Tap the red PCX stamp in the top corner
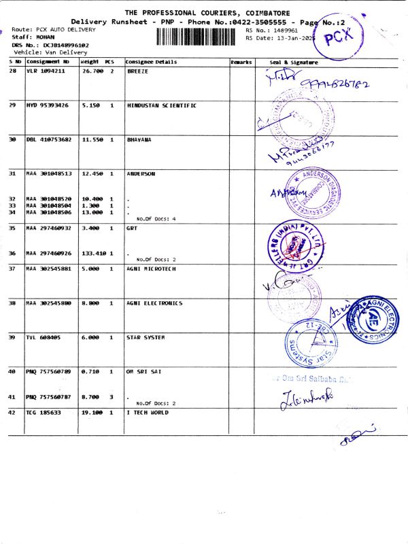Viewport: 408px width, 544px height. pyautogui.click(x=338, y=39)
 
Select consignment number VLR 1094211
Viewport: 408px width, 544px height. pyautogui.click(x=47, y=71)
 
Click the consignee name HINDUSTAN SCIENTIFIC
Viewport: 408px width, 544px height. pyautogui.click(x=161, y=105)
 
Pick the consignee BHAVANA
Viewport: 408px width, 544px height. pyautogui.click(x=139, y=139)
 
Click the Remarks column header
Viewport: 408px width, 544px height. pyautogui.click(x=241, y=62)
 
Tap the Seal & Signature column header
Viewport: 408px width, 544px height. pyautogui.click(x=294, y=62)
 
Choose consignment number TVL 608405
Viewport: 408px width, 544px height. pyautogui.click(x=43, y=337)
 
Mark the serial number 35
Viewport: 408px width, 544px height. pyautogui.click(x=12, y=228)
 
